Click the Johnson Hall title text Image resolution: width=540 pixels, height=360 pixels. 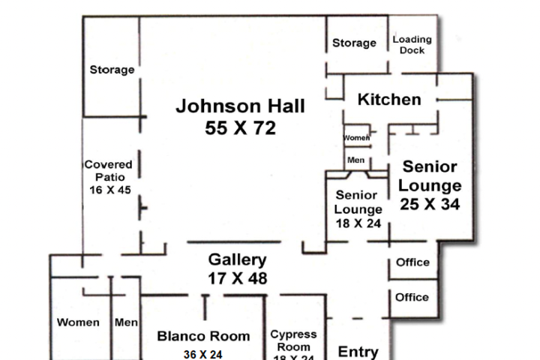point(240,106)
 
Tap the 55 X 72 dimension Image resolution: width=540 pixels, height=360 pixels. point(240,128)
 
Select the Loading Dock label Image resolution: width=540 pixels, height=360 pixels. point(412,45)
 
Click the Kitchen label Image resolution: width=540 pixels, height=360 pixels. point(388,100)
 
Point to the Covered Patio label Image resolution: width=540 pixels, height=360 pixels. point(108,170)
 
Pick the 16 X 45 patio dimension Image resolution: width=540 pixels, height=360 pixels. point(109,190)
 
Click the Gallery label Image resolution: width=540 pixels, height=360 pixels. point(237,260)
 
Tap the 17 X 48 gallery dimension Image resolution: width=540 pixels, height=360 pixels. point(237,278)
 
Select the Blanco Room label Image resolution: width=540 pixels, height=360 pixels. point(203,336)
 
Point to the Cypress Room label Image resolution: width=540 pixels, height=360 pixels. point(293,340)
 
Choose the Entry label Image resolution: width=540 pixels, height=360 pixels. point(358,352)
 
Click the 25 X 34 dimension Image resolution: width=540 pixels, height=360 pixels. point(430,203)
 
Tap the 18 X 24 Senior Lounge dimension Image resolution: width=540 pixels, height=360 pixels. point(358,223)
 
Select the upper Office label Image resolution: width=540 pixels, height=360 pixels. point(412,262)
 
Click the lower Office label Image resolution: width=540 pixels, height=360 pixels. point(412,297)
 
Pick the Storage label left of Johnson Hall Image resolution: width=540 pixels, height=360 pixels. point(112,70)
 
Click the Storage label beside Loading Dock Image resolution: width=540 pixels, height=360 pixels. point(354,43)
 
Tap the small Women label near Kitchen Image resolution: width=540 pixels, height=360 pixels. point(357,138)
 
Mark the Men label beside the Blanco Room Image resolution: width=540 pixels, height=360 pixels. point(126,322)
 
